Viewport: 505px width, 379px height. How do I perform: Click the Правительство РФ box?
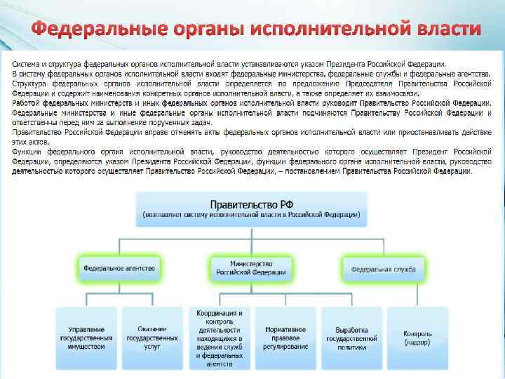tap(251, 208)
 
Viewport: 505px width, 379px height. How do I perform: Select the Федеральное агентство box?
tap(119, 268)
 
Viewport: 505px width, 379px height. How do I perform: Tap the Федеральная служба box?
tap(383, 268)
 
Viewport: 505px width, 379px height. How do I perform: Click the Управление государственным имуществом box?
tap(87, 337)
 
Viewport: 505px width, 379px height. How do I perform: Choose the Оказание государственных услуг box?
tap(152, 337)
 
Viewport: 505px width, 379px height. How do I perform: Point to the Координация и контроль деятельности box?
tap(219, 338)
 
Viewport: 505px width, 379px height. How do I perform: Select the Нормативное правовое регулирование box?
tap(285, 337)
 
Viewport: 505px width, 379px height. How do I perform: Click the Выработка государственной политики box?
tap(351, 337)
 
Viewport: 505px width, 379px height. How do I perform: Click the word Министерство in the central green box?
tap(250, 263)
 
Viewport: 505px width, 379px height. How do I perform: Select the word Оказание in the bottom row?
tap(152, 328)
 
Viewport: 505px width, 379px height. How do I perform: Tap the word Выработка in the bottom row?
tap(351, 328)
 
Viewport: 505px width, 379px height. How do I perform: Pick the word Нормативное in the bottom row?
tap(285, 328)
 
